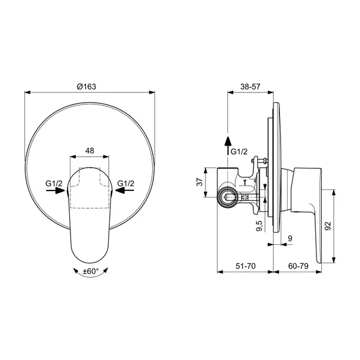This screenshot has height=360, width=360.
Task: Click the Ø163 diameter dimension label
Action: tap(87, 86)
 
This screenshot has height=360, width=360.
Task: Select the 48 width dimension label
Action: tap(90, 152)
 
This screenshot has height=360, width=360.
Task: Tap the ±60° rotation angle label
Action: tap(91, 272)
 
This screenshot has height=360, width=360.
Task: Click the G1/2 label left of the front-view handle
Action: tap(54, 183)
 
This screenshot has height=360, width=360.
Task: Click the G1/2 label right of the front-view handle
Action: tap(126, 183)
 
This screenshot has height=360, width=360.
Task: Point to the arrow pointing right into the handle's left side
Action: tap(56, 192)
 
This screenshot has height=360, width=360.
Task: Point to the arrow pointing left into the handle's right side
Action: tap(124, 192)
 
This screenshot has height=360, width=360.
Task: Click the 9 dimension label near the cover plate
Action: tap(290, 239)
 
